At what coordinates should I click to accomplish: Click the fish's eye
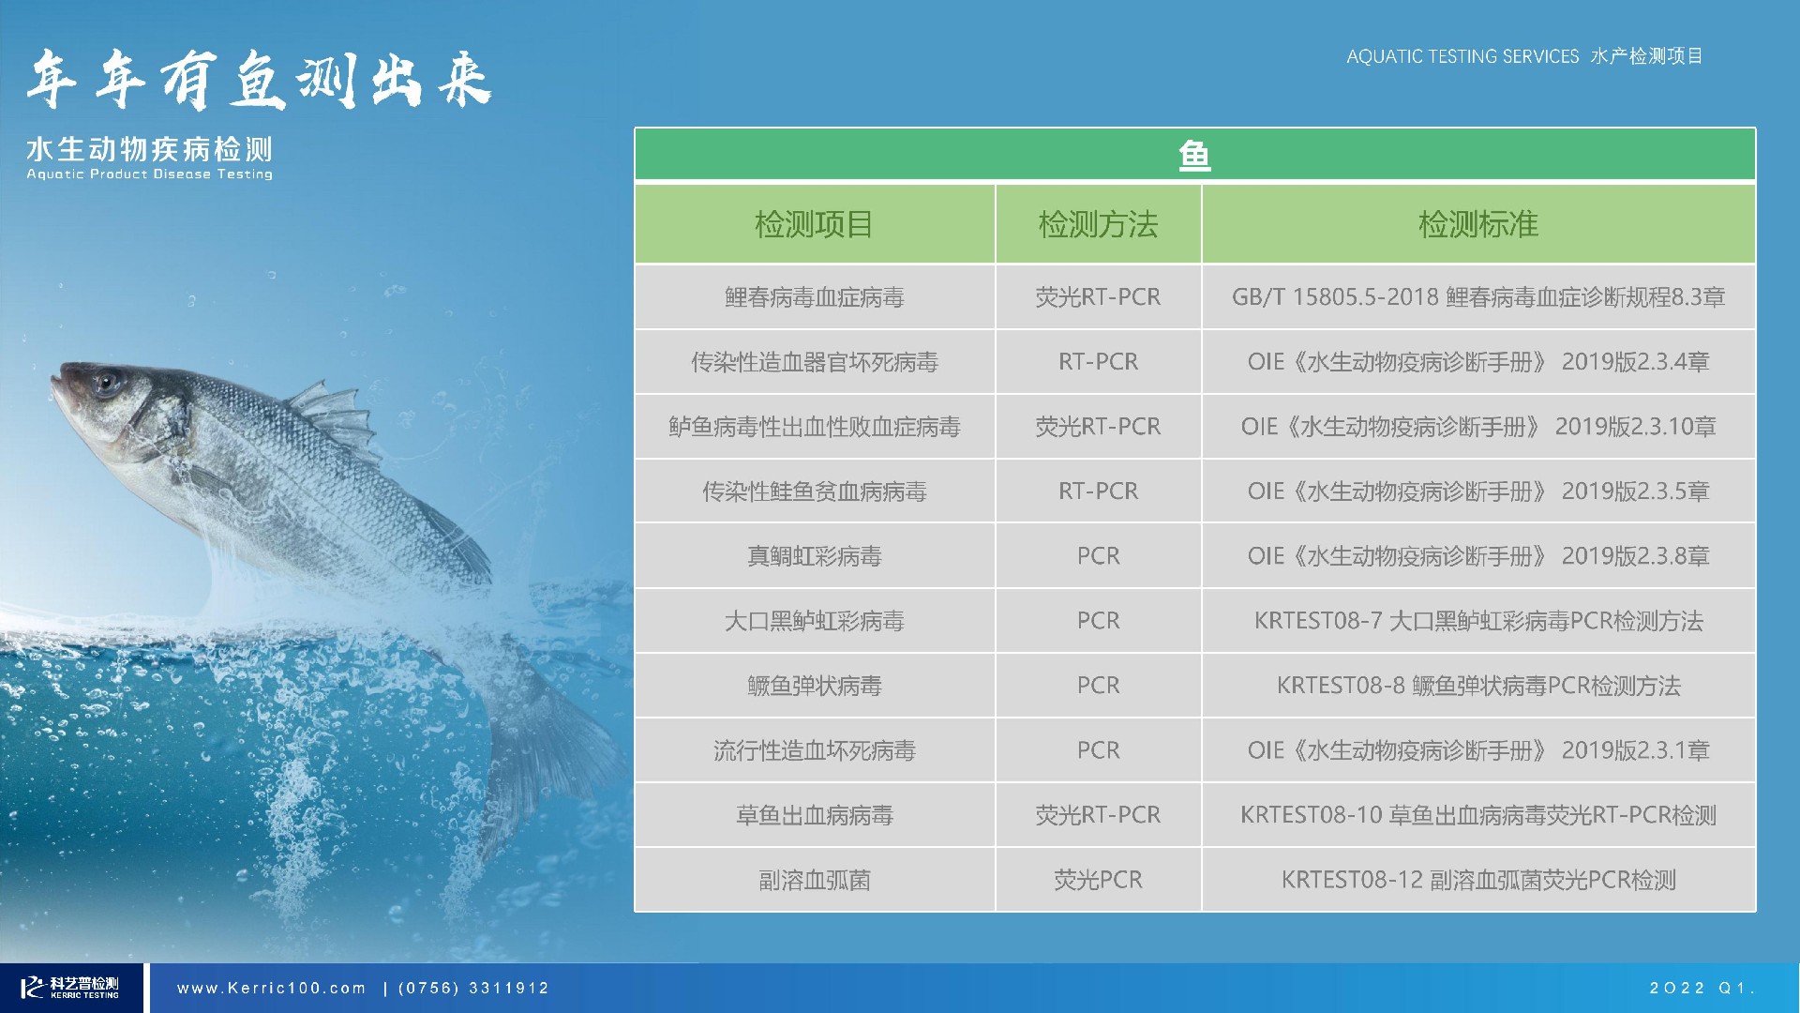tap(106, 383)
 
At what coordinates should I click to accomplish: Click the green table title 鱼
tap(1194, 155)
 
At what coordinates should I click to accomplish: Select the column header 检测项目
tap(814, 224)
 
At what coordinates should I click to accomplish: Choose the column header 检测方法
tap(1098, 224)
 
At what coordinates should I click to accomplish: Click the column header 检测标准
tap(1478, 224)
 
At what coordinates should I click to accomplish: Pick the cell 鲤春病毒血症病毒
tap(814, 297)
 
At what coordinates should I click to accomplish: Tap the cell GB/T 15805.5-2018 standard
tap(1478, 297)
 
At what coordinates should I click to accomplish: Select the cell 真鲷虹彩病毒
tap(814, 556)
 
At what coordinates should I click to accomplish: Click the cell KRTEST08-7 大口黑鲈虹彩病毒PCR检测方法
tap(1478, 621)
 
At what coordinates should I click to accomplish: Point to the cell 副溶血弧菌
tap(814, 880)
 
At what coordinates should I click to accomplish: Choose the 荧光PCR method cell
tap(1098, 880)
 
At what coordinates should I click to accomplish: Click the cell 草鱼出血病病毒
tap(814, 815)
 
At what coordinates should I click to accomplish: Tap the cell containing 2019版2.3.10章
tap(1478, 427)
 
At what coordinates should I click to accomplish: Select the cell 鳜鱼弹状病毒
tap(814, 686)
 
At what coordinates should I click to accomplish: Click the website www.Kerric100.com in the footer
tap(271, 988)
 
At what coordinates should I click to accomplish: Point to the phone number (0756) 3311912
tap(473, 988)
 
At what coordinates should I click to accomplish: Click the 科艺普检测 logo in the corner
tap(71, 987)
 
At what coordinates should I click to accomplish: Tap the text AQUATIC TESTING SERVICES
tap(1462, 56)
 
